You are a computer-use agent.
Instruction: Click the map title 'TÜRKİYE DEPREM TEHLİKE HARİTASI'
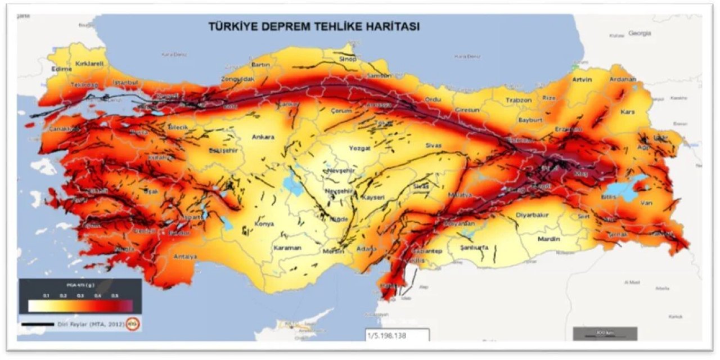pyautogui.click(x=314, y=26)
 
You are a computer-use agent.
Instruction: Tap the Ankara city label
pyautogui.click(x=263, y=137)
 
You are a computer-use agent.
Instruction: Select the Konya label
pyautogui.click(x=264, y=223)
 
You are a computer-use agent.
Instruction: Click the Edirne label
pyautogui.click(x=61, y=69)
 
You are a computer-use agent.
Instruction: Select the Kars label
pyautogui.click(x=627, y=111)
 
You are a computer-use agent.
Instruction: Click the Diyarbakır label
pyautogui.click(x=532, y=214)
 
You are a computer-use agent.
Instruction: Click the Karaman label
pyautogui.click(x=287, y=247)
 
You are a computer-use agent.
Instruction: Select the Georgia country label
pyautogui.click(x=640, y=33)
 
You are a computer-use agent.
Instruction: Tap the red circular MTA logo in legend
pyautogui.click(x=133, y=324)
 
